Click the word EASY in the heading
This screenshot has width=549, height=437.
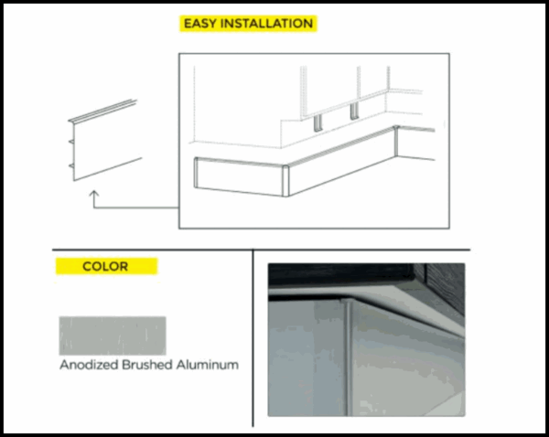tap(199, 24)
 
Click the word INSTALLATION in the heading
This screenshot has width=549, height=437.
tap(267, 24)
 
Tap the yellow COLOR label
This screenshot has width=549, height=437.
tap(106, 266)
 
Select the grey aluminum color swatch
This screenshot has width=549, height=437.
tap(113, 336)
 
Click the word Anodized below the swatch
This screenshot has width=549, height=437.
tap(89, 365)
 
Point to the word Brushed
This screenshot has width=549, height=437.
tap(147, 365)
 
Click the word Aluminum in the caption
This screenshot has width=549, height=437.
tap(208, 365)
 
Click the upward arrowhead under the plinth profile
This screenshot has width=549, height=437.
tap(94, 194)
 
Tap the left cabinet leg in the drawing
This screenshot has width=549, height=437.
tap(318, 123)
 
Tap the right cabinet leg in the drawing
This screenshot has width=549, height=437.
tap(354, 112)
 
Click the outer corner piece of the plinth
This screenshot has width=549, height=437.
tap(285, 181)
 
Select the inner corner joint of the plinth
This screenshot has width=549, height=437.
tap(396, 141)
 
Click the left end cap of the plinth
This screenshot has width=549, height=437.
tap(196, 173)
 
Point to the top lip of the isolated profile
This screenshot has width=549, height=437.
tap(102, 111)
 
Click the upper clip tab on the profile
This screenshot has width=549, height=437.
tap(71, 142)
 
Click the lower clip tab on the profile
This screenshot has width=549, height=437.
tap(71, 165)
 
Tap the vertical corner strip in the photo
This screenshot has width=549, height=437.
tap(348, 357)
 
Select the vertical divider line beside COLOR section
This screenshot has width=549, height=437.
tap(253, 338)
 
